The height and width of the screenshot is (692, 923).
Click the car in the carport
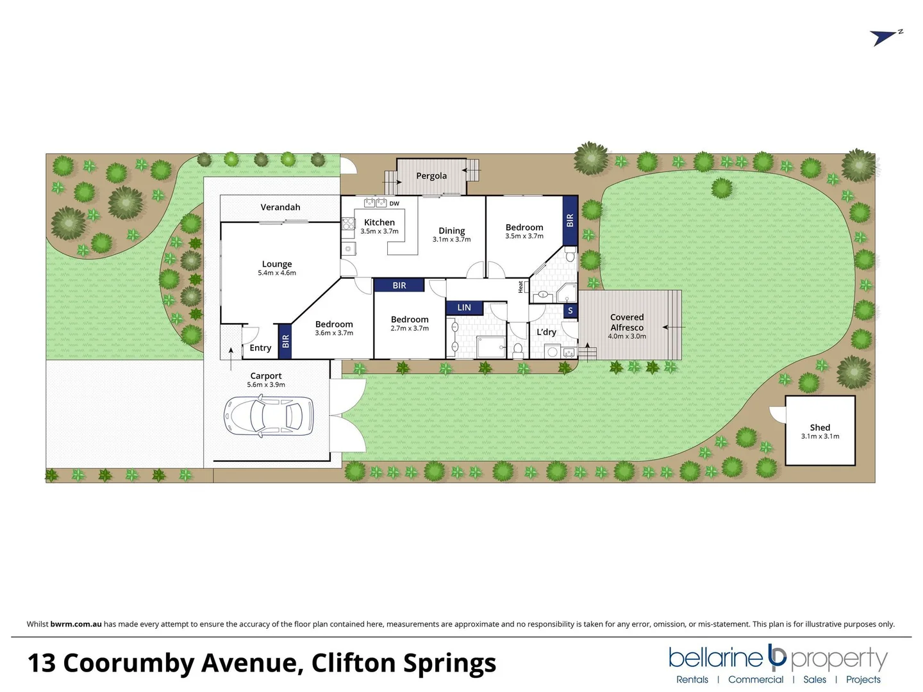269,416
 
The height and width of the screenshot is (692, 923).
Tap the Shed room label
820,427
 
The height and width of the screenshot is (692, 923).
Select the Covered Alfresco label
627,322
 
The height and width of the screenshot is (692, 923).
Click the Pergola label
431,176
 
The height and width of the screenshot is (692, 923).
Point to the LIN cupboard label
464,308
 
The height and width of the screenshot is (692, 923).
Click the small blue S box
570,311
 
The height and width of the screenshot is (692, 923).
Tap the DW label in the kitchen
394,204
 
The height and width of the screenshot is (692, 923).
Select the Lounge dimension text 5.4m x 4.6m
277,273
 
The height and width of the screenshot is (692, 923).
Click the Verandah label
280,207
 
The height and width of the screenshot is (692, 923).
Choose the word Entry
260,348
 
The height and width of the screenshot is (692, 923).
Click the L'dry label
546,332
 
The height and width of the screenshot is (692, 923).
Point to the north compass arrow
886,37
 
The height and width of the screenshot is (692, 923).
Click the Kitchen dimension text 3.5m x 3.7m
379,231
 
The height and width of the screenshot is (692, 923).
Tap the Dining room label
452,231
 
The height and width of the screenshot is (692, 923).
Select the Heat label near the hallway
520,286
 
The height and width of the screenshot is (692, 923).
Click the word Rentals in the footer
692,679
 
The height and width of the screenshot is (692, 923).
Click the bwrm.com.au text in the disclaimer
76,624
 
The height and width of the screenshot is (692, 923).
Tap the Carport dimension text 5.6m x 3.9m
266,385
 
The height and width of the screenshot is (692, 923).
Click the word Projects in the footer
863,679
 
